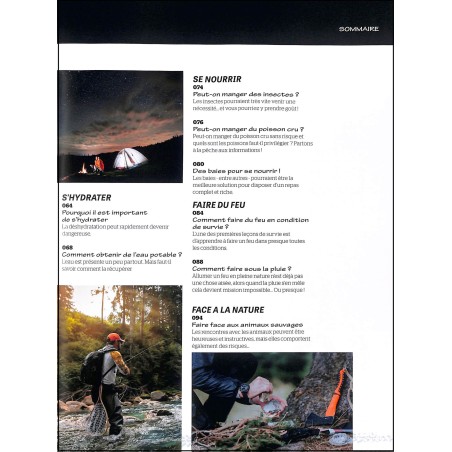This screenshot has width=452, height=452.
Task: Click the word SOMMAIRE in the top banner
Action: coord(359,29)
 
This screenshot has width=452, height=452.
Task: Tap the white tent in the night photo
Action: coord(128,158)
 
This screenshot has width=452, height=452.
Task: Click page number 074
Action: coord(198,87)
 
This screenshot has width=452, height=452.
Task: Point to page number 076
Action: coord(198,123)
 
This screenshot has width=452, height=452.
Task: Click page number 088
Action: coord(198,259)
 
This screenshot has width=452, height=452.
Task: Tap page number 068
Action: coord(67,245)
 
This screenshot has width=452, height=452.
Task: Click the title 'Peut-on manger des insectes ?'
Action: coord(245,94)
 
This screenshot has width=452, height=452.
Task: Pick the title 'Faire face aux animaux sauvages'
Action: coord(247,324)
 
